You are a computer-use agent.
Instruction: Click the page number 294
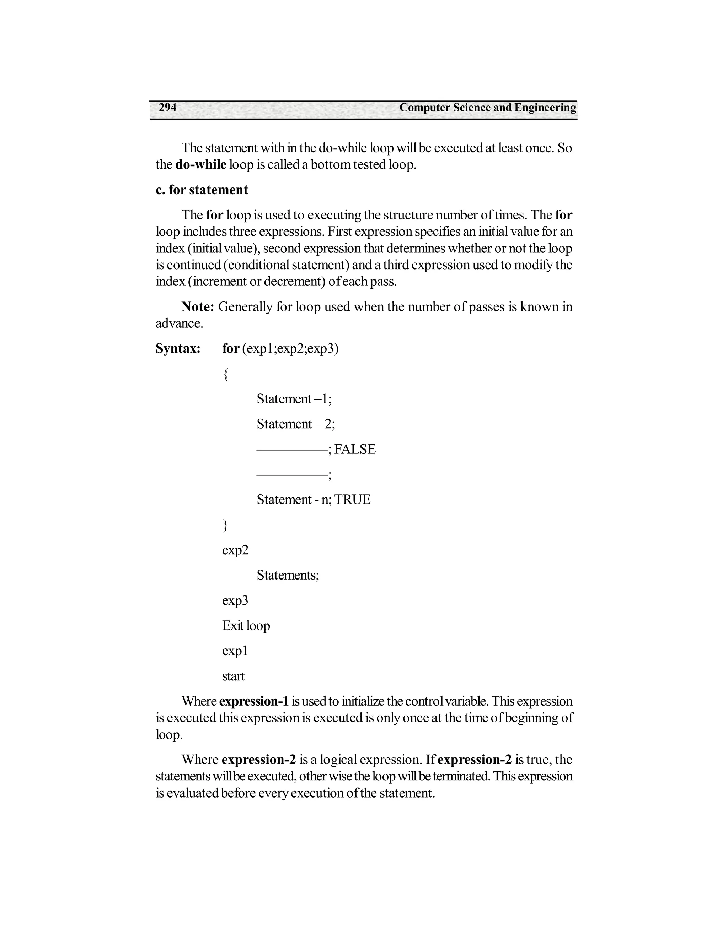coord(167,108)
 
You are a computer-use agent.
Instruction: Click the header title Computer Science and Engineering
coord(487,108)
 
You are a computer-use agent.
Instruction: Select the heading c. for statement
coord(202,190)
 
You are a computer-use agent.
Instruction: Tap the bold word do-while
coord(200,165)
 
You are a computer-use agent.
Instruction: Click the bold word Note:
coord(198,307)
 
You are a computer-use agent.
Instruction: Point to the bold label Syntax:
coord(178,348)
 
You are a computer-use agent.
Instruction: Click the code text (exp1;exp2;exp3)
coord(290,348)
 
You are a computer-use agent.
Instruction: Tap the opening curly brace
coord(226,374)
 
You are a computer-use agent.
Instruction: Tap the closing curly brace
coord(225,525)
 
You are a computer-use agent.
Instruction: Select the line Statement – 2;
coord(296,424)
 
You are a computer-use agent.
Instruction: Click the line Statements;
coord(288,575)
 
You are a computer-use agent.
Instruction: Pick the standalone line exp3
coord(235,600)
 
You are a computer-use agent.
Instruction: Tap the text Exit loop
coord(246,626)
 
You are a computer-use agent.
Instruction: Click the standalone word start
coord(233,676)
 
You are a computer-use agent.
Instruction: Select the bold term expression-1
coord(253,701)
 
